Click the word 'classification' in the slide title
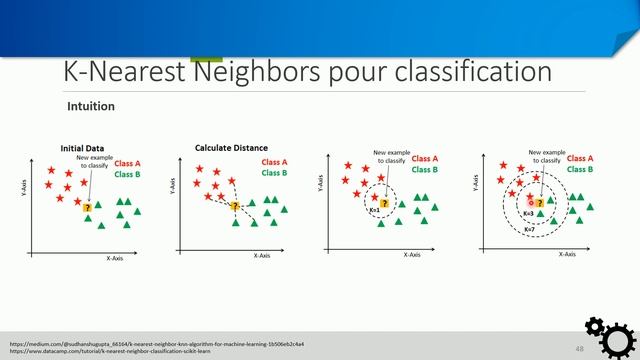coord(471,73)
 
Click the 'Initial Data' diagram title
coord(82,148)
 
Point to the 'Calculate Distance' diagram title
coord(230,148)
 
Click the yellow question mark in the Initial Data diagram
coord(88,208)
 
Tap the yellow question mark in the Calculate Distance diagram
coord(235,207)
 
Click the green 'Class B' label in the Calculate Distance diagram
coord(274,173)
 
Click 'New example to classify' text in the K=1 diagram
coord(386,158)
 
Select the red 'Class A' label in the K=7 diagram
coord(580,158)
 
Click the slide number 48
coord(579,348)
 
